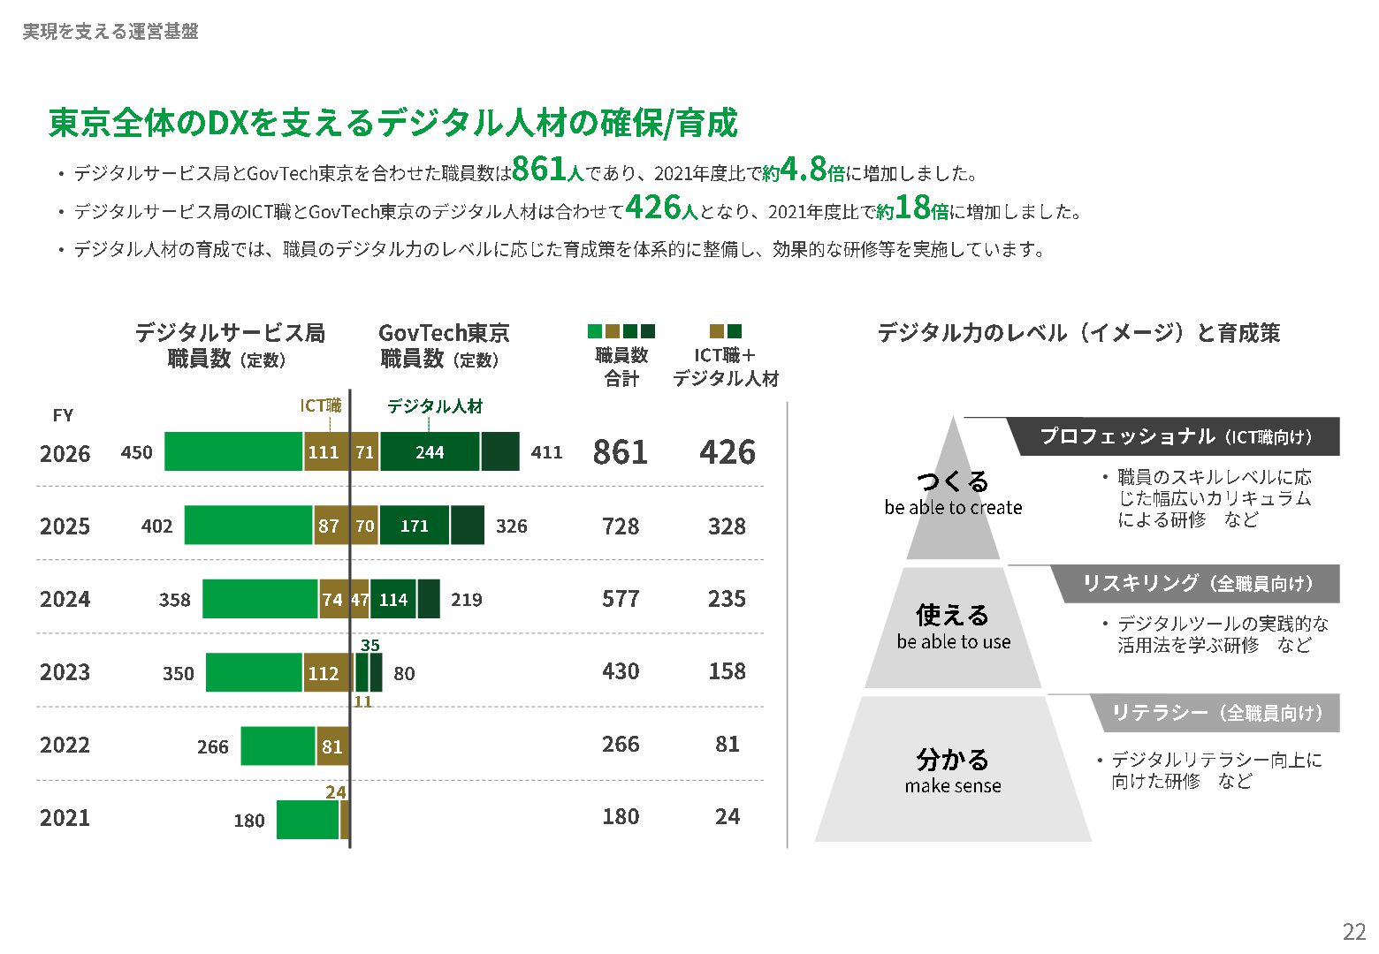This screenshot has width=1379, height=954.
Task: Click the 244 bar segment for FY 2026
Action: click(430, 452)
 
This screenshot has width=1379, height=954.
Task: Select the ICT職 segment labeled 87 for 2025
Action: click(329, 526)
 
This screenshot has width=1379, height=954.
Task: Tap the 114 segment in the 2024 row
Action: click(393, 599)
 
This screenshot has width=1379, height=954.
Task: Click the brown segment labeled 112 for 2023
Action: click(324, 673)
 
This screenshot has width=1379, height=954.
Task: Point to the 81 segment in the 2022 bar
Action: click(331, 746)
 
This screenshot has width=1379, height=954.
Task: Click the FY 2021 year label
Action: click(65, 818)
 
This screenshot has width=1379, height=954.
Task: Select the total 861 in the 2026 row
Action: click(620, 452)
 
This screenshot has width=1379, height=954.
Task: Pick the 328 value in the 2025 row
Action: click(727, 526)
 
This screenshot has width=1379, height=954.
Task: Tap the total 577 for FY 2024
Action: click(620, 599)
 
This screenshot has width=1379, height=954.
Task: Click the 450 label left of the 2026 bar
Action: click(137, 452)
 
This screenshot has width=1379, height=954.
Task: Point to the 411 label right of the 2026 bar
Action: click(546, 452)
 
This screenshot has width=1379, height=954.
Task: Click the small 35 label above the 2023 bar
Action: click(370, 645)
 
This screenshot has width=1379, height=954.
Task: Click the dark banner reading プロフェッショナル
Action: click(1176, 436)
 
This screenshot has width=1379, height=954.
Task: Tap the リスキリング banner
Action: click(1198, 583)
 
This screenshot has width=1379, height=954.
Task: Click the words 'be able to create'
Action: click(953, 508)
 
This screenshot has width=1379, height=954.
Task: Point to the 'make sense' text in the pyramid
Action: click(953, 786)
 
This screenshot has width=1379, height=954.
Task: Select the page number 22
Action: click(1353, 932)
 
